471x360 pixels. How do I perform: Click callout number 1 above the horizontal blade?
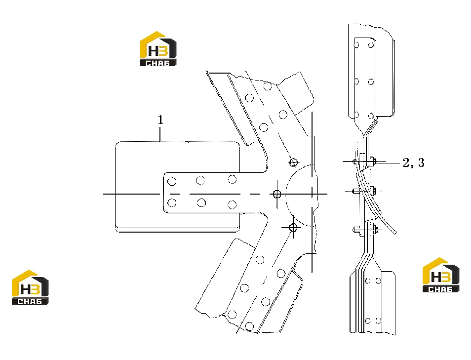pos(161,120)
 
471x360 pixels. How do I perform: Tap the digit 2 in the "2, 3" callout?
pos(406,162)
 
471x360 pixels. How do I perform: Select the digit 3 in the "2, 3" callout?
pos(421,162)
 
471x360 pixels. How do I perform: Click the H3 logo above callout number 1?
pos(158,49)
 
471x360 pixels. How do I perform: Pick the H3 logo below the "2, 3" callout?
pos(441,275)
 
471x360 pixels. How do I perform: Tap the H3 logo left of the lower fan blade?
pos(30,287)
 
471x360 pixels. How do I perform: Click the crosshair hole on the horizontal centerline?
pos(277,194)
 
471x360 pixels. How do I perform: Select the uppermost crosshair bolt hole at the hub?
pos(293,162)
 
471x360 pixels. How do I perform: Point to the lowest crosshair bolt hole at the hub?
pos(293,227)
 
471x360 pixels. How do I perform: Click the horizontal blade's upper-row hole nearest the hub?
pos(232,179)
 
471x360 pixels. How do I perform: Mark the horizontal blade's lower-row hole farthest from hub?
pos(172,203)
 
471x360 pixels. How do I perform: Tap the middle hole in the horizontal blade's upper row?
pos(200,180)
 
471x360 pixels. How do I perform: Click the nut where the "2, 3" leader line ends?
pos(373,161)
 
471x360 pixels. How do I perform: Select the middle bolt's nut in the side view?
pos(373,191)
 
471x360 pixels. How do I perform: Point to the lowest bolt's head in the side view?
pos(355,230)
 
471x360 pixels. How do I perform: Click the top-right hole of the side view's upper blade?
pos(371,45)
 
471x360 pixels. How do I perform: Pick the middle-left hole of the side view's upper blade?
pos(356,81)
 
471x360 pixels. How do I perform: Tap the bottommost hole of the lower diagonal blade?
pos(249,326)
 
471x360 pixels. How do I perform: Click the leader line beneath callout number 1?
pos(160,134)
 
